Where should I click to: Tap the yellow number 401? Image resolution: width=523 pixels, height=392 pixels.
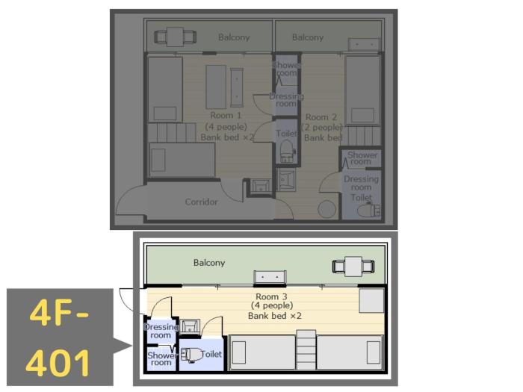(x=59, y=361)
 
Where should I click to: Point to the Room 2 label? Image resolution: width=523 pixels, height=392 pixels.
(x=322, y=117)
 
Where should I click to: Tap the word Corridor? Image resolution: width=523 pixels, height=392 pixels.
(x=201, y=202)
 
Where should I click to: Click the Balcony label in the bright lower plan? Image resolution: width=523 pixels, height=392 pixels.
(x=209, y=263)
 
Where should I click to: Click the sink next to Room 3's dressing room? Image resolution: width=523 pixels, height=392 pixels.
(x=190, y=326)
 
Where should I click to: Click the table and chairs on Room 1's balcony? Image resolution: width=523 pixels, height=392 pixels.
(x=176, y=35)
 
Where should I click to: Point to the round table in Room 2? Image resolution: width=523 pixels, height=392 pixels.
(x=326, y=208)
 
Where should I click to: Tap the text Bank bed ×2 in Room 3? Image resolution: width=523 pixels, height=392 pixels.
(x=274, y=316)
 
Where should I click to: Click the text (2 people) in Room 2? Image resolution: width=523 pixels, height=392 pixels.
(x=323, y=128)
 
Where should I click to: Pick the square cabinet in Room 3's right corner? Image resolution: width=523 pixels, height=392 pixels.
(x=371, y=301)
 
